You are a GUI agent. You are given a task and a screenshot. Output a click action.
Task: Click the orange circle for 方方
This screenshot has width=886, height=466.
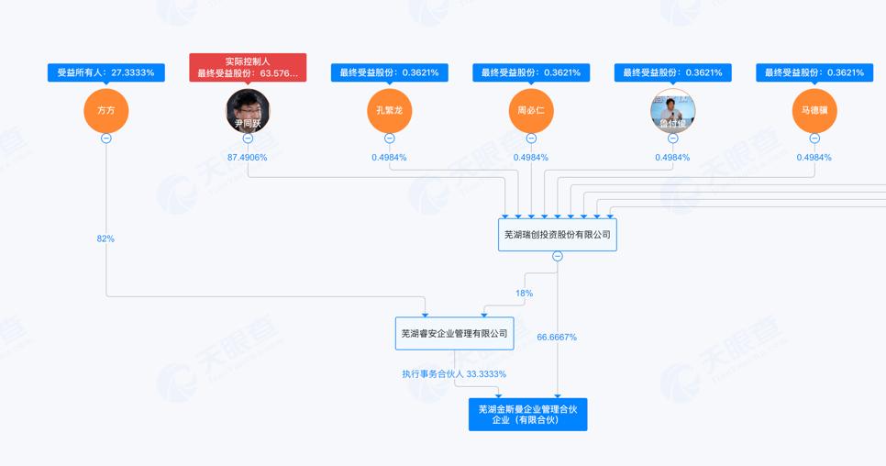click(106, 111)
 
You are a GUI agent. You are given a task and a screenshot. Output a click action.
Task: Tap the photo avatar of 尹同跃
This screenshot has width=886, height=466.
click(248, 111)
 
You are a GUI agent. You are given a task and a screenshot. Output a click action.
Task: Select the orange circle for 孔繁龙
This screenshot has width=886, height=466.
click(389, 111)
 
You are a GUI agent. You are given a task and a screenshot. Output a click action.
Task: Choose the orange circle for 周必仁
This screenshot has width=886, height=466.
click(531, 111)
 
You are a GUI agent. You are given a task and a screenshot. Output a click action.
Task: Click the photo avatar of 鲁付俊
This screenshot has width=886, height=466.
click(672, 111)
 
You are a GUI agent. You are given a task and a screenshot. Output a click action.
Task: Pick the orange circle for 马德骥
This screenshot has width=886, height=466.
click(814, 111)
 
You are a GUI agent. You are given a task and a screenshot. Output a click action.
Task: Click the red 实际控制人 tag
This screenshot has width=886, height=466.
click(248, 67)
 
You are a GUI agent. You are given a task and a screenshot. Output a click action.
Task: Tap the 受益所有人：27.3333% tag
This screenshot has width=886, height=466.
click(106, 72)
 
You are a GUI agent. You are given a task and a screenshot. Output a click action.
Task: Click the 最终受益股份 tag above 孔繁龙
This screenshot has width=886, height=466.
click(389, 72)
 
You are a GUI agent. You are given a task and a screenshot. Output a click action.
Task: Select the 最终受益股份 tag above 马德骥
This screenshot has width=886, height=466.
click(814, 72)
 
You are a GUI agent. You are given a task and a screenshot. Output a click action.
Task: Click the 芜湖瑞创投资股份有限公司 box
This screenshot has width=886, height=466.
click(557, 235)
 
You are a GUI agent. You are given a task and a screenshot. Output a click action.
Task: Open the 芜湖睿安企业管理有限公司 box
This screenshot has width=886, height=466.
click(454, 333)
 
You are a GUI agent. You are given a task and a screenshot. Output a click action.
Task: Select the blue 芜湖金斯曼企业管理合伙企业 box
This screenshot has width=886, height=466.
click(527, 415)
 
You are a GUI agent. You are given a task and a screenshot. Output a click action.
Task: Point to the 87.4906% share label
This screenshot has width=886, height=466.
click(248, 158)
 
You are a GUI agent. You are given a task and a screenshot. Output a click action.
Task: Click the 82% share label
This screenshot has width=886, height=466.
click(105, 239)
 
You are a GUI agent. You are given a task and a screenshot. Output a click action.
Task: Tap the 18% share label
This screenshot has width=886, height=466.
click(524, 294)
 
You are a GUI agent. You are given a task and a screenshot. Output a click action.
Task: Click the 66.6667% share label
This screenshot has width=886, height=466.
click(557, 338)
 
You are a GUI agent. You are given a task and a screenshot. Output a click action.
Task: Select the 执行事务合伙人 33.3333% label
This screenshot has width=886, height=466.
click(454, 374)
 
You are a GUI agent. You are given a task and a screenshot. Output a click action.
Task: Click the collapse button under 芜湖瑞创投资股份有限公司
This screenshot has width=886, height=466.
click(557, 257)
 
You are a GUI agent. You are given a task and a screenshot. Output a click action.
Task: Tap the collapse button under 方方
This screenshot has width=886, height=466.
click(106, 138)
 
